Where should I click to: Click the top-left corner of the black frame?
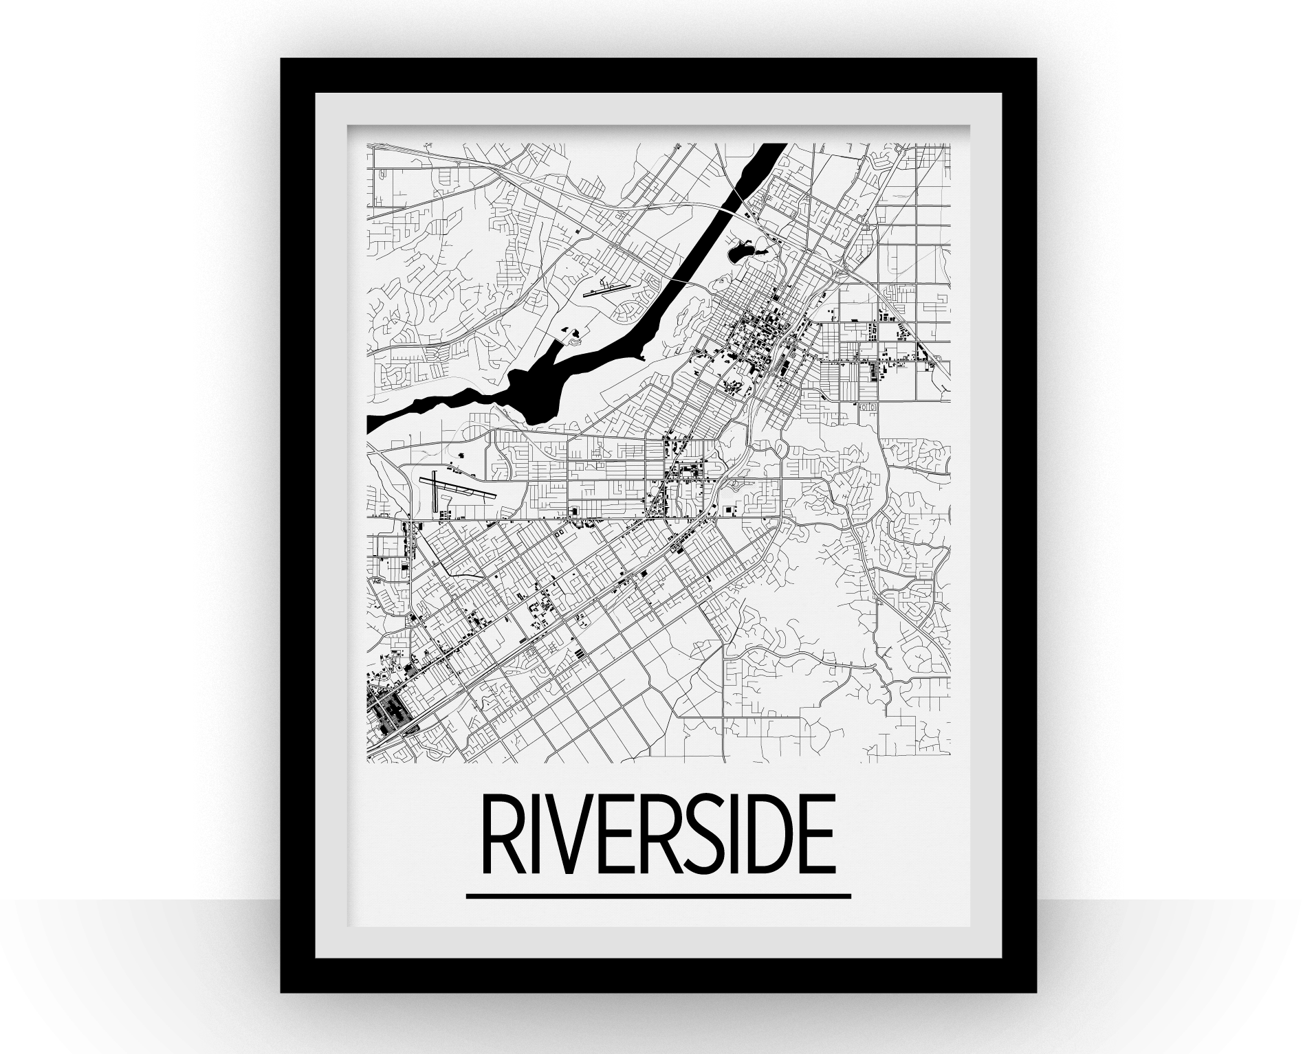click(x=283, y=62)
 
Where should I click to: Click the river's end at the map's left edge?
click(x=371, y=425)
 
